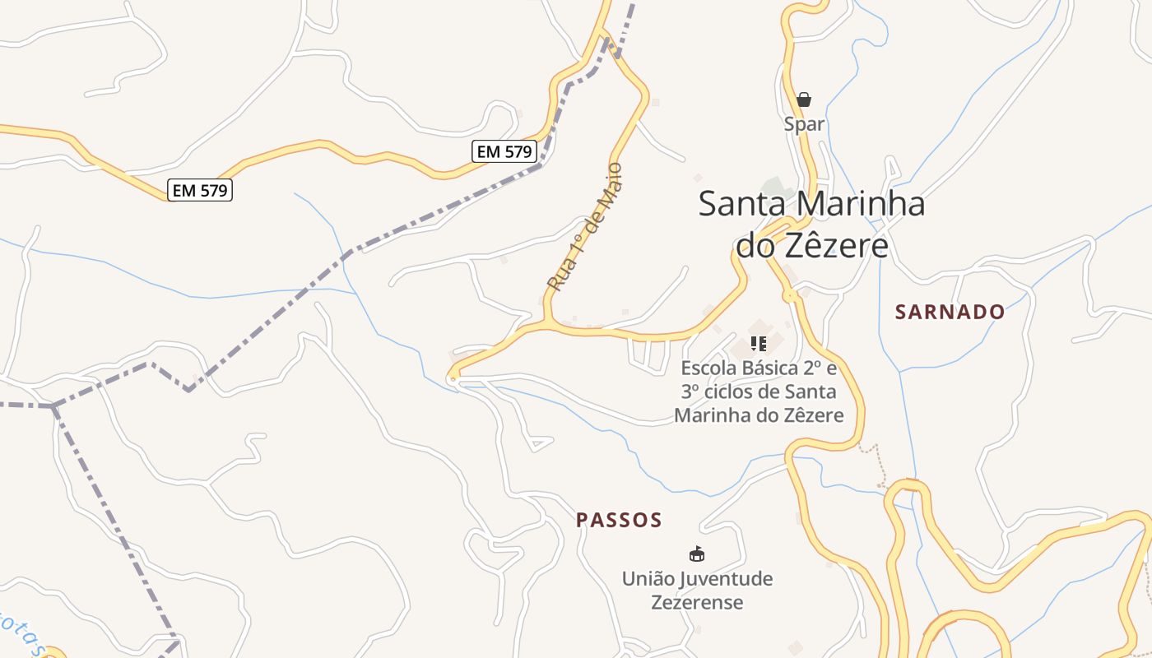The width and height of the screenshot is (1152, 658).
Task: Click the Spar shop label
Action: click(x=804, y=124)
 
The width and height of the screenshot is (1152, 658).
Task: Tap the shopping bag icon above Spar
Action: click(x=804, y=100)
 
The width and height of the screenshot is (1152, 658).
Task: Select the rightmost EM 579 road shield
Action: click(x=504, y=151)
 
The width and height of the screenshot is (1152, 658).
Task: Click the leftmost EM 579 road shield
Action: click(x=200, y=191)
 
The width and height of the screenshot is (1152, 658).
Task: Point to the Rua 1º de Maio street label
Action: click(x=585, y=227)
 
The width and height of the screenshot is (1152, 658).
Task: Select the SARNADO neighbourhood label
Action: click(x=950, y=312)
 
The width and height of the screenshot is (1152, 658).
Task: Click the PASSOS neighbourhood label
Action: click(x=619, y=520)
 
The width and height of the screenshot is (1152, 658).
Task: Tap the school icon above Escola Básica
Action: click(x=759, y=343)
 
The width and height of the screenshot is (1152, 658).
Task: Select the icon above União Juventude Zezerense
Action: click(x=697, y=554)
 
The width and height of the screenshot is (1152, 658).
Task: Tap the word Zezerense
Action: click(x=697, y=602)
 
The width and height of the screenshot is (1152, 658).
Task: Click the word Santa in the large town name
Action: click(x=744, y=204)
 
